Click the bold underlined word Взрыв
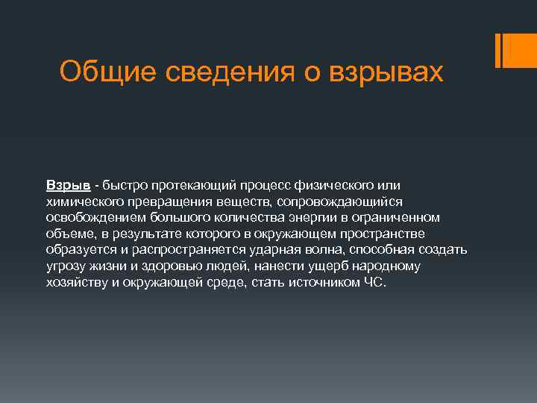tap(69, 184)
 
